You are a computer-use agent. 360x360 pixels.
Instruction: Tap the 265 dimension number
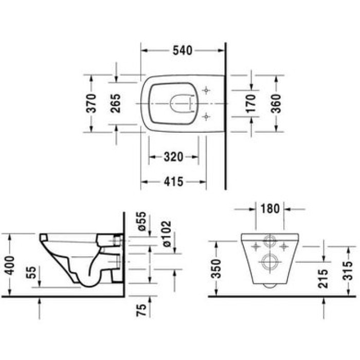pos(116,103)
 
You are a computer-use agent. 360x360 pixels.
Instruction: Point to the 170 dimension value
pos(251,103)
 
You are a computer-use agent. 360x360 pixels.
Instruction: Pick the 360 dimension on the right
pos(277,103)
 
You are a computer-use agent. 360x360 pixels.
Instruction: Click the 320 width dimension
pos(173,157)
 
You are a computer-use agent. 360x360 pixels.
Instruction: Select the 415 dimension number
pos(173,182)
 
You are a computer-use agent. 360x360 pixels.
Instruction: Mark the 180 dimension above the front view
pos(270,209)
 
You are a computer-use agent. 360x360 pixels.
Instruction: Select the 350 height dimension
pos(218,268)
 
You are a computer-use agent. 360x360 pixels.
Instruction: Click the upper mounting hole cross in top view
pos(207,91)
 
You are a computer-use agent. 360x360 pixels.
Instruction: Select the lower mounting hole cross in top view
pos(207,117)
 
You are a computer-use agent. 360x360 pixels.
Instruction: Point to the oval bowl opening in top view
pos(180,104)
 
